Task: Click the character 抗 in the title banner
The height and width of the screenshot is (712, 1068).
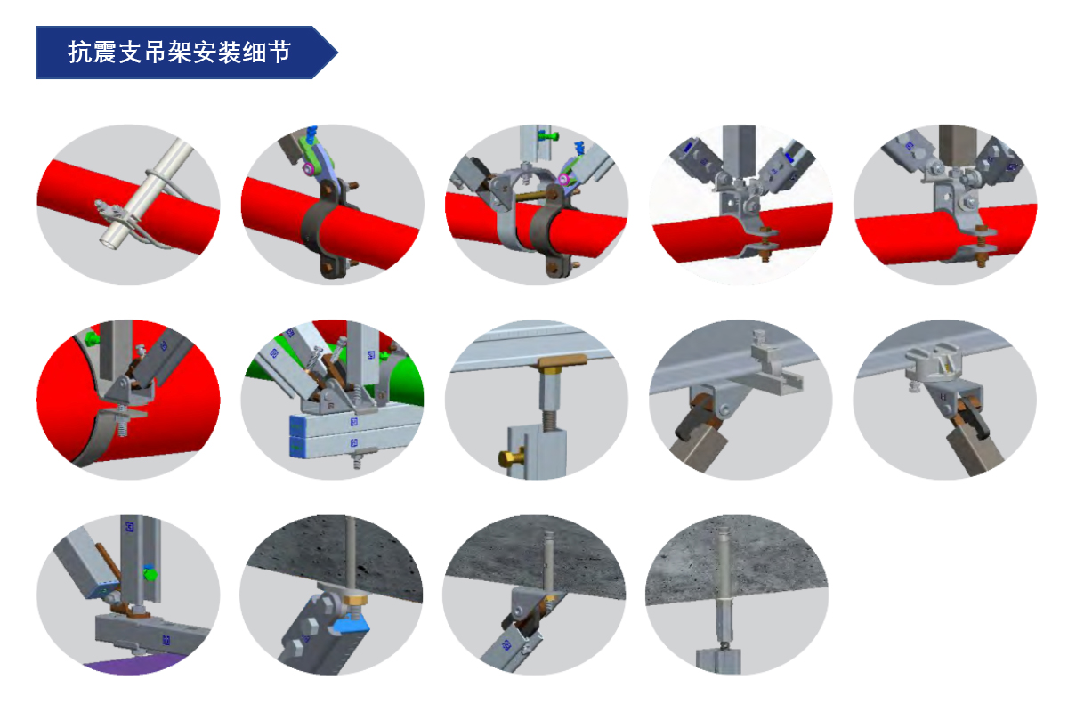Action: [79, 52]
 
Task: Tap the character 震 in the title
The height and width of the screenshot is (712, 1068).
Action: [104, 52]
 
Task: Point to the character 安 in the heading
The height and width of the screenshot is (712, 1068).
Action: [205, 52]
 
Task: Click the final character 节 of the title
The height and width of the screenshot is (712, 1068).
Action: [279, 52]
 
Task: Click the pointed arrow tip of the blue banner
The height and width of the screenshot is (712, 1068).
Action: [337, 53]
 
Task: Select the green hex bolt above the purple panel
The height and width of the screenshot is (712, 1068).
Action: [150, 573]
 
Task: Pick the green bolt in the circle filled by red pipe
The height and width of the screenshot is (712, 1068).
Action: [92, 339]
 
